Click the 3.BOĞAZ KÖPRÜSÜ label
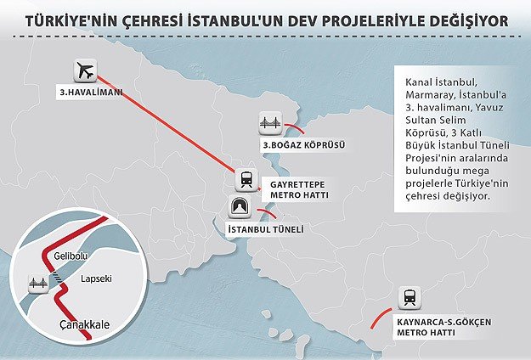[x=298, y=146]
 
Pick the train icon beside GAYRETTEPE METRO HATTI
[x=246, y=180]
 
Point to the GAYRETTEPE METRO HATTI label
[x=300, y=188]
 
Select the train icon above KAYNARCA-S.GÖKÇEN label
[x=410, y=297]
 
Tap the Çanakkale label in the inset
[x=86, y=325]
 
